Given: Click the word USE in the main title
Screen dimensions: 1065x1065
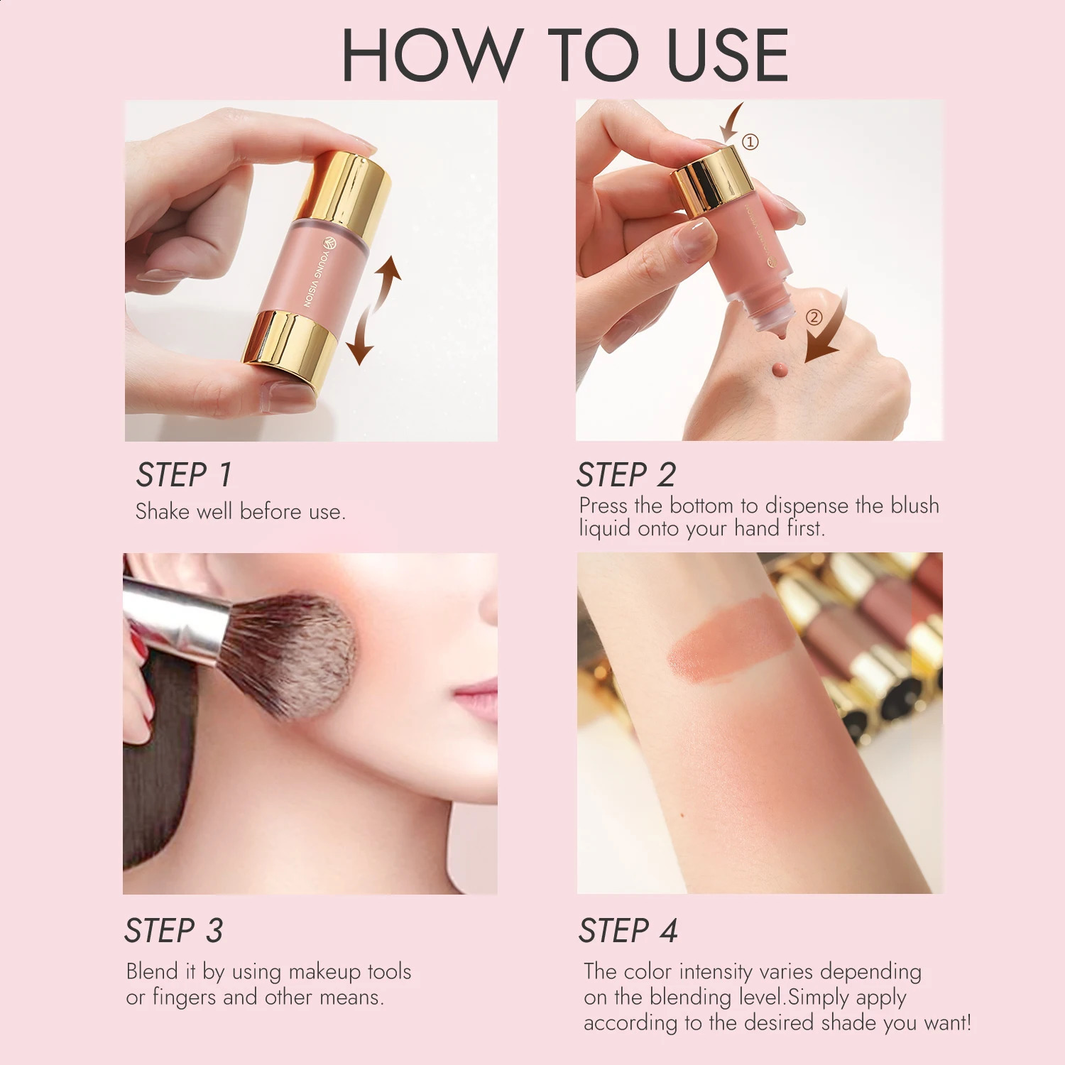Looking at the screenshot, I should (x=728, y=55).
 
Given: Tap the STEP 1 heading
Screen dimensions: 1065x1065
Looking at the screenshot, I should (x=184, y=475).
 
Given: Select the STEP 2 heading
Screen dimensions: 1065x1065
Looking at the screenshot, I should (x=626, y=475).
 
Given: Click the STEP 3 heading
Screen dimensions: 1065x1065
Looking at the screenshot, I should (x=173, y=931).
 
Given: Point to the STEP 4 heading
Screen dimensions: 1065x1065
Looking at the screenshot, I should (x=628, y=931).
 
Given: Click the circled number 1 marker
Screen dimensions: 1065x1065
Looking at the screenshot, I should (x=750, y=142).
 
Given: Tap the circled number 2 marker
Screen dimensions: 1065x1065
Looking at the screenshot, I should (x=814, y=317).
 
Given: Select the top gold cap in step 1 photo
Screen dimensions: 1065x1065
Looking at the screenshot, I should (x=344, y=186).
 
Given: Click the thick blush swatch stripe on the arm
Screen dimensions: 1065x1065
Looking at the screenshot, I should (x=731, y=635).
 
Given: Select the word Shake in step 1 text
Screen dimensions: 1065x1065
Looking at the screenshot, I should (x=163, y=511).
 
